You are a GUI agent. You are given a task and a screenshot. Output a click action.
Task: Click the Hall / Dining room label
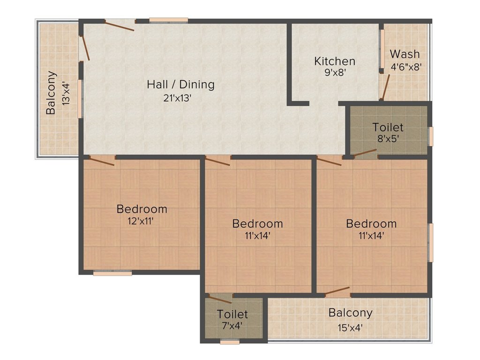click(180, 84)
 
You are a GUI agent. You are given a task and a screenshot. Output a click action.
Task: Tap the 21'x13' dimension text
click(177, 98)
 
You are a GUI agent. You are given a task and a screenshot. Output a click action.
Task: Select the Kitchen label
click(335, 61)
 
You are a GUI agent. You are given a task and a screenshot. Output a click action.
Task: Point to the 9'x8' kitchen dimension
click(335, 73)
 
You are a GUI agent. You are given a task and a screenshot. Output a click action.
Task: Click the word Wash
click(405, 54)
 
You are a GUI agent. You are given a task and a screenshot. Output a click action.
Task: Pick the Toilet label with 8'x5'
click(388, 127)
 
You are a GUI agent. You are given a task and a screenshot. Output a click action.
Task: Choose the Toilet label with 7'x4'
click(232, 314)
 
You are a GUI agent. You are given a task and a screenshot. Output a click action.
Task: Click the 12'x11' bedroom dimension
click(141, 221)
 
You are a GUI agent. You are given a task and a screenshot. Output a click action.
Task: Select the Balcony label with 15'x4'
click(351, 313)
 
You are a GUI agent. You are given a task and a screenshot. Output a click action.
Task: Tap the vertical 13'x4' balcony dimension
click(66, 93)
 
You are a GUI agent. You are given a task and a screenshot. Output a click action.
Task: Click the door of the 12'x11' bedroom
click(102, 161)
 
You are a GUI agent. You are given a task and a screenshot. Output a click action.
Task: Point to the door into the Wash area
click(385, 87)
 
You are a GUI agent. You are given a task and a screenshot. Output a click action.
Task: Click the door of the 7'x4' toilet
click(220, 299)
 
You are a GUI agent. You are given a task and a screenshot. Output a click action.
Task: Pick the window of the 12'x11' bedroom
click(112, 273)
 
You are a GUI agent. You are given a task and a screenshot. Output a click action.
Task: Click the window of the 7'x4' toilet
click(230, 342)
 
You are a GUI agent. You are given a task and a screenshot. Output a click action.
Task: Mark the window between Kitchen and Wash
click(382, 49)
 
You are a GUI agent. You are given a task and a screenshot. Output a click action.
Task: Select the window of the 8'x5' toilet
click(431, 136)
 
